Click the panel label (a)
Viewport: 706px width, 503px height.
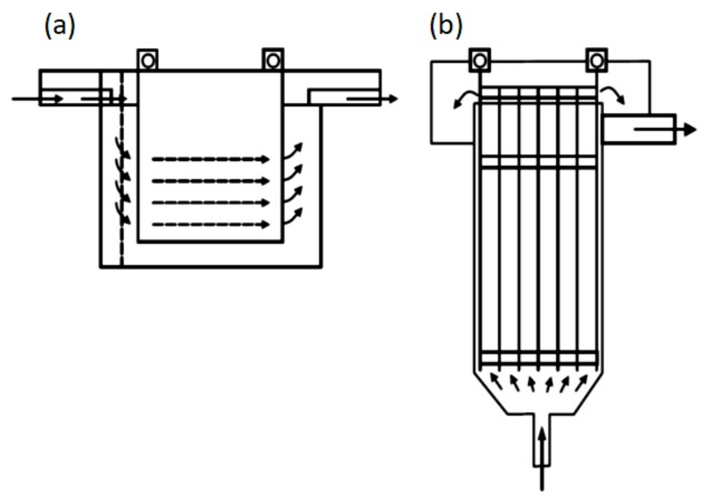(60, 26)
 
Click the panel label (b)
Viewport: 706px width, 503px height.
(446, 26)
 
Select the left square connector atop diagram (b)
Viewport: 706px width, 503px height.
(480, 61)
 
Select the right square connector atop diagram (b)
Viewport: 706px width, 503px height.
(597, 61)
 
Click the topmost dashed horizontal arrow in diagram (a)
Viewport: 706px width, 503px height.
(210, 159)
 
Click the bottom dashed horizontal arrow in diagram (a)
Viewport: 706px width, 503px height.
(210, 225)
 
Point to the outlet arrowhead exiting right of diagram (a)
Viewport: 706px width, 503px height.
(392, 99)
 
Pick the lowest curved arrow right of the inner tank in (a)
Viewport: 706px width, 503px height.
(294, 216)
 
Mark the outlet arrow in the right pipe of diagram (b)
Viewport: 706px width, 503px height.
(665, 130)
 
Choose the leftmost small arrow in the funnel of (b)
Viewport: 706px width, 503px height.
(496, 382)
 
